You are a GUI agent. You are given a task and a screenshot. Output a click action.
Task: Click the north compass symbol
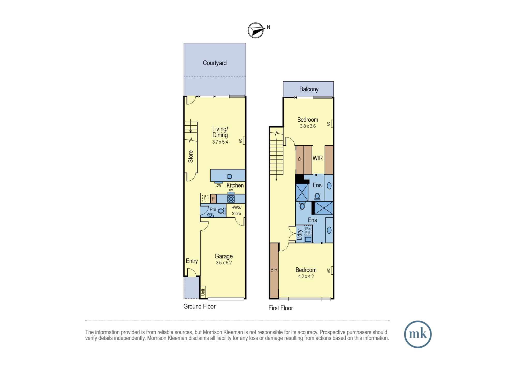[x=256, y=30]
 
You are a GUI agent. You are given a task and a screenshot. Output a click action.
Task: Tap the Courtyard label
[x=215, y=63]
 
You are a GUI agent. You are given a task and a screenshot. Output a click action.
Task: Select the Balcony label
[x=309, y=89]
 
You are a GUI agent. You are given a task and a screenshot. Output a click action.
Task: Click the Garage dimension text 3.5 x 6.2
[x=224, y=263]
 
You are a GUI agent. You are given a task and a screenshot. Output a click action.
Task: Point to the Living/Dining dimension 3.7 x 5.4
[x=220, y=142]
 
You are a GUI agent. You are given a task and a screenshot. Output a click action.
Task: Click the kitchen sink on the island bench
[x=229, y=177]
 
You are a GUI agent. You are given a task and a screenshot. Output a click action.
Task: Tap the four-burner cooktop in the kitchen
[x=231, y=199]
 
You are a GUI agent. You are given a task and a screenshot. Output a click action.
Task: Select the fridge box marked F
[x=205, y=198]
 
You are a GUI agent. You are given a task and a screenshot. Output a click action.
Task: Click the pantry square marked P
[x=213, y=199]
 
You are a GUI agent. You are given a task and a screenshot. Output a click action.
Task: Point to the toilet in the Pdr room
[x=222, y=211]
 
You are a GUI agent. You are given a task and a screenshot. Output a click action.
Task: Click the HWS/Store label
[x=236, y=210]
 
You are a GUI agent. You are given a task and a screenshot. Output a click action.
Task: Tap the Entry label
[x=192, y=261]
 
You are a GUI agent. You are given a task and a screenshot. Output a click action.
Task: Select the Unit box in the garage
[x=203, y=292]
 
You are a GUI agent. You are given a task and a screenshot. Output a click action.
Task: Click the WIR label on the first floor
[x=318, y=158]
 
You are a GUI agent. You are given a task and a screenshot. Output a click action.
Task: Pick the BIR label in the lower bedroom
[x=274, y=270]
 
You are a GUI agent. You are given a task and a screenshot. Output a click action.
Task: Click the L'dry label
[x=300, y=235]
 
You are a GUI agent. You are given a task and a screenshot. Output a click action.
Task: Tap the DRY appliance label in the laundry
[x=308, y=229]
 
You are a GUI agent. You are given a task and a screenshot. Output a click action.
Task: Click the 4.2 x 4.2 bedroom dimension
[x=306, y=276]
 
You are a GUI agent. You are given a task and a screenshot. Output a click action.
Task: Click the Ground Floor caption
[x=199, y=306]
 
